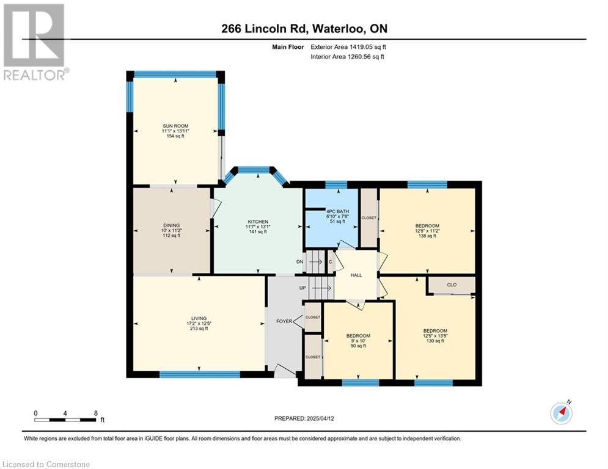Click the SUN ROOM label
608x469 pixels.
coord(175,126)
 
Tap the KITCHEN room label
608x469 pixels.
coord(258,222)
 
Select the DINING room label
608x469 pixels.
coord(171,225)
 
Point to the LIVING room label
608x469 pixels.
coord(199,318)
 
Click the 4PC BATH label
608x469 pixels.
coord(338,211)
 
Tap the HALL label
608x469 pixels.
coord(356,275)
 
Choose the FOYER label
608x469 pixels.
coord(284,321)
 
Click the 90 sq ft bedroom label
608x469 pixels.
coord(358,336)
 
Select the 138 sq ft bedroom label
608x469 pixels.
coord(427,226)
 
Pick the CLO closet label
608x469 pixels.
coord(452,285)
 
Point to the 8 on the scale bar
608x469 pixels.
coord(96,413)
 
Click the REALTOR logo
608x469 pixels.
coord(35,42)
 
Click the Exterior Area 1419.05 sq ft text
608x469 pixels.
coord(348,47)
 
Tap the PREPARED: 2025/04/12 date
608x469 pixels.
coord(304,418)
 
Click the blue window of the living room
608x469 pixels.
coord(200,374)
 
